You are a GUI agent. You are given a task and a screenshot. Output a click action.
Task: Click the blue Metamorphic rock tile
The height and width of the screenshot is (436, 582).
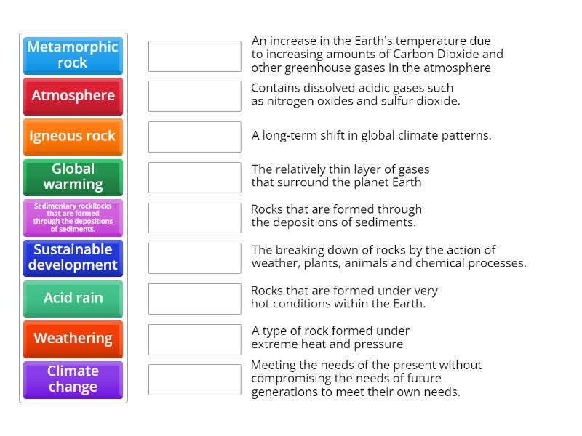point(73,55)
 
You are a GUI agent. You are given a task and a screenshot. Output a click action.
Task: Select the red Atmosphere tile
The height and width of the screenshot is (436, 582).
point(73,96)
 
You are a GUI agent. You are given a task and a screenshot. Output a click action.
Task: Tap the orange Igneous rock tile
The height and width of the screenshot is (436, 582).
point(73,136)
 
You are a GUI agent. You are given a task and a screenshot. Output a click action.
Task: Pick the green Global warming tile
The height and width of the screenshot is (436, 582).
point(73,177)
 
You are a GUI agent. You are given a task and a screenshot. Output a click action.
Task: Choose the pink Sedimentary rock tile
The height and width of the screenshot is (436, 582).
point(73,217)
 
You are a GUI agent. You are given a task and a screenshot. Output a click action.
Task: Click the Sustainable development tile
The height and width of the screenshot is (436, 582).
point(73,257)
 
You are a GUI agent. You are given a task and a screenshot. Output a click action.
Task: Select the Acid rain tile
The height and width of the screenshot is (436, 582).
point(73,298)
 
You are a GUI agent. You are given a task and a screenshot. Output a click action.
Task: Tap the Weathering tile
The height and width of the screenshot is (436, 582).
point(73,339)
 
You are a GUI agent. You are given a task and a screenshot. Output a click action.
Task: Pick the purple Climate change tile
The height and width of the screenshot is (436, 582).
point(73,379)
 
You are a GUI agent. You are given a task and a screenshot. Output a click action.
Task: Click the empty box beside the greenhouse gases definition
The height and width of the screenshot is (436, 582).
point(194,56)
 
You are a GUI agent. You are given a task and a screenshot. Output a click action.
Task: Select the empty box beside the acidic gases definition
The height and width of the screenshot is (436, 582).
point(194,96)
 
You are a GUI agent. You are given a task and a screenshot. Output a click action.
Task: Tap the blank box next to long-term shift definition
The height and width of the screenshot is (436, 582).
point(194,137)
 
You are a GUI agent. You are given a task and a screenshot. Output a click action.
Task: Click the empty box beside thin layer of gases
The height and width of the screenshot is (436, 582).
point(194,177)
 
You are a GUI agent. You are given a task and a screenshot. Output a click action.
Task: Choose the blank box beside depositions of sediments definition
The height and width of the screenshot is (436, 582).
point(194,217)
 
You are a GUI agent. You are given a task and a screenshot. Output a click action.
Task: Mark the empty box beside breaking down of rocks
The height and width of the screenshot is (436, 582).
point(194,258)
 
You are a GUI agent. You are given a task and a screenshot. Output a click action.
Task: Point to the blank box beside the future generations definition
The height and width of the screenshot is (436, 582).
point(194,379)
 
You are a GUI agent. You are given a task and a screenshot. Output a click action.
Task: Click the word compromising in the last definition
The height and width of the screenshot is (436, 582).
point(291,379)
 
